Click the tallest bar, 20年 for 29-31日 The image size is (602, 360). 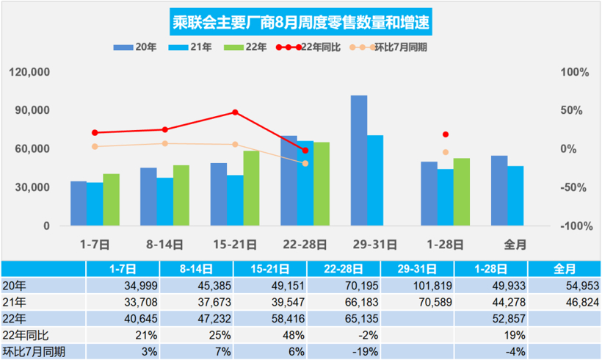(x=358, y=160)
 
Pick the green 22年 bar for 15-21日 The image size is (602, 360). (x=251, y=188)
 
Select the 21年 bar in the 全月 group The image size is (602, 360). (x=515, y=195)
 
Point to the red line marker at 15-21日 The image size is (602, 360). (x=235, y=112)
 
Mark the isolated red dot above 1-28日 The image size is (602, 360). (x=446, y=134)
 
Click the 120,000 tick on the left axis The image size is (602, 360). (x=30, y=73)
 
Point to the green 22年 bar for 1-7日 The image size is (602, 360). (x=111, y=200)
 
